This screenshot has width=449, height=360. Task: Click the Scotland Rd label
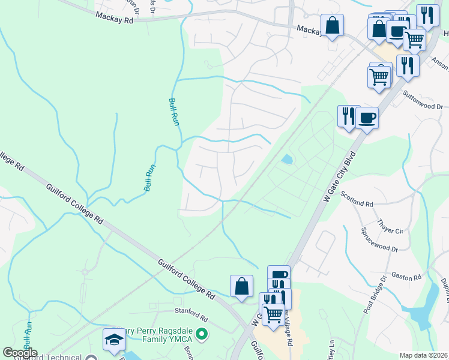click(x=357, y=199)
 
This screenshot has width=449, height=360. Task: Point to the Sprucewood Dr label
click(x=379, y=239)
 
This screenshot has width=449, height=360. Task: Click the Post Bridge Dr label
click(x=375, y=295)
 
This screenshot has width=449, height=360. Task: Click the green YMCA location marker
click(x=202, y=334)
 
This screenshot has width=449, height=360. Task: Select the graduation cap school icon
click(x=114, y=340)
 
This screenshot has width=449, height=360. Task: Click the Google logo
click(x=20, y=353)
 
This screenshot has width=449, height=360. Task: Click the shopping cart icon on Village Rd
click(x=273, y=313)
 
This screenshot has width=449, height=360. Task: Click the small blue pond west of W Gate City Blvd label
click(x=287, y=160)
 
